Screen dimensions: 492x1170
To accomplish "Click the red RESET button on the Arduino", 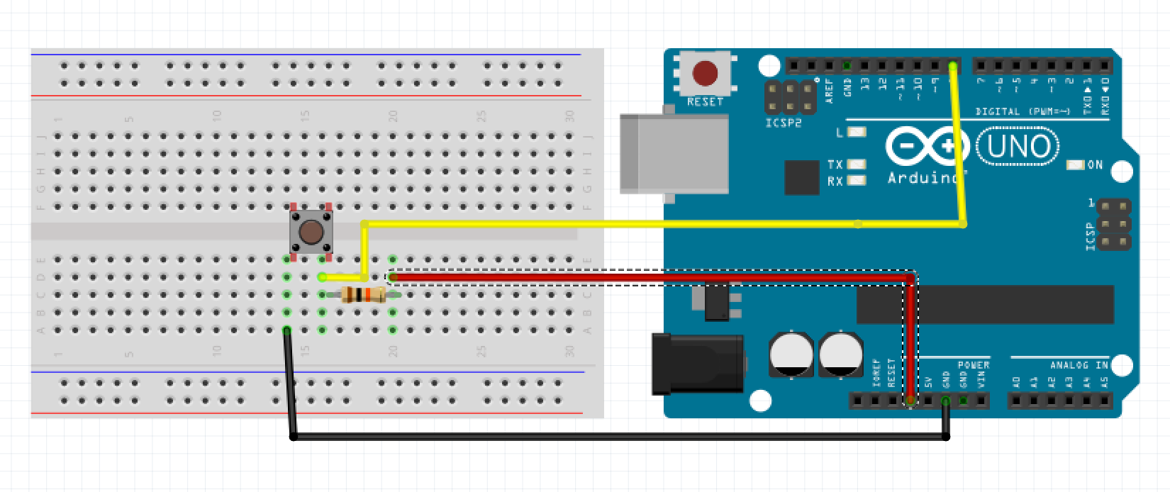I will pos(704,73).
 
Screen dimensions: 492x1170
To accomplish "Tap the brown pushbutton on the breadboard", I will pos(310,232).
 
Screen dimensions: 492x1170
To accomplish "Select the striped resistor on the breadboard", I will pos(362,295).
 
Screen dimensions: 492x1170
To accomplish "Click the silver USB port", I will pos(674,154).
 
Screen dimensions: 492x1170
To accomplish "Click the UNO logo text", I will pos(1018,147).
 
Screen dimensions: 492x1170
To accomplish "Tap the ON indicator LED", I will pos(1076,165).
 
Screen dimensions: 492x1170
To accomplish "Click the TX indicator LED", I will pos(857,164).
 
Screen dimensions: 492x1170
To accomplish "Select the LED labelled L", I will pos(857,132).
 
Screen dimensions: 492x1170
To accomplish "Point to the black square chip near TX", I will pos(802,177).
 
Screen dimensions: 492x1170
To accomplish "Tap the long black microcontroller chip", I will pos(986,304).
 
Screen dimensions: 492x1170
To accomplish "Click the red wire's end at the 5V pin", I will pos(910,401).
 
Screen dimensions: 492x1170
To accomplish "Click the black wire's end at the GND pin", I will pos(946,401).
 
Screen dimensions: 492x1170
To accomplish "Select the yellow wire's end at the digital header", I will pos(952,66).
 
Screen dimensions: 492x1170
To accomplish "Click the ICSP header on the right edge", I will pos(1113,225).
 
